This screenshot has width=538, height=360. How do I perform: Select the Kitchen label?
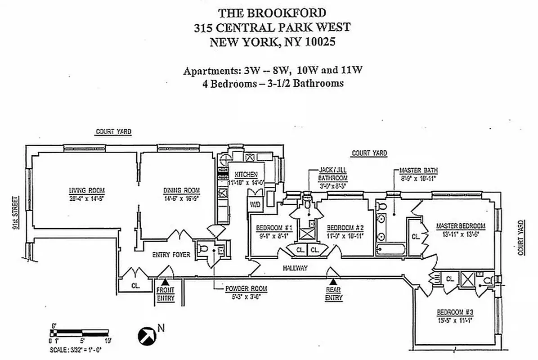[243, 175]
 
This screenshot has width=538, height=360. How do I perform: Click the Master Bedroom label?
[460, 226]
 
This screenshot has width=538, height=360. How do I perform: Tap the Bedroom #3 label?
[455, 312]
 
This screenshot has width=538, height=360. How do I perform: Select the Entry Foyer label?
[171, 255]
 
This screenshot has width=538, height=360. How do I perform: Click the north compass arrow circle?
[147, 335]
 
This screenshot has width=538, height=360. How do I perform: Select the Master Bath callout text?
[418, 171]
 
